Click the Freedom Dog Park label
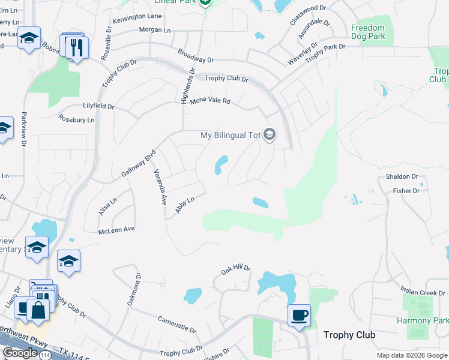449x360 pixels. (x=367, y=32)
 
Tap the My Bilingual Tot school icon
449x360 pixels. (x=270, y=135)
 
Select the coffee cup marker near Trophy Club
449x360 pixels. (x=298, y=314)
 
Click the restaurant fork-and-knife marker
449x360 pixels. (x=76, y=47)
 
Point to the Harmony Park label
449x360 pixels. (x=423, y=320)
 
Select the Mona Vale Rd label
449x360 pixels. (x=210, y=101)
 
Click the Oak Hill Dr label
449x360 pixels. (x=235, y=271)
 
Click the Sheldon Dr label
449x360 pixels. (x=402, y=176)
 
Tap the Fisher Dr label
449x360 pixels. (x=406, y=191)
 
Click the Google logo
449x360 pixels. (x=20, y=353)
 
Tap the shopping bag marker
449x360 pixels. (x=38, y=310)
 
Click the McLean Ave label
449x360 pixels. (x=116, y=230)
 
